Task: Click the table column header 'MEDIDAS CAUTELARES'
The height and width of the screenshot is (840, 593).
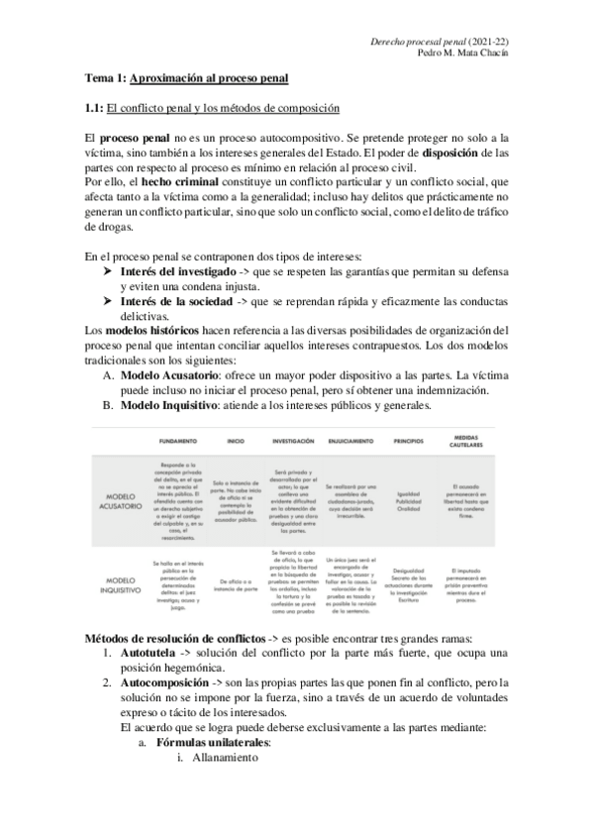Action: tap(463, 440)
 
